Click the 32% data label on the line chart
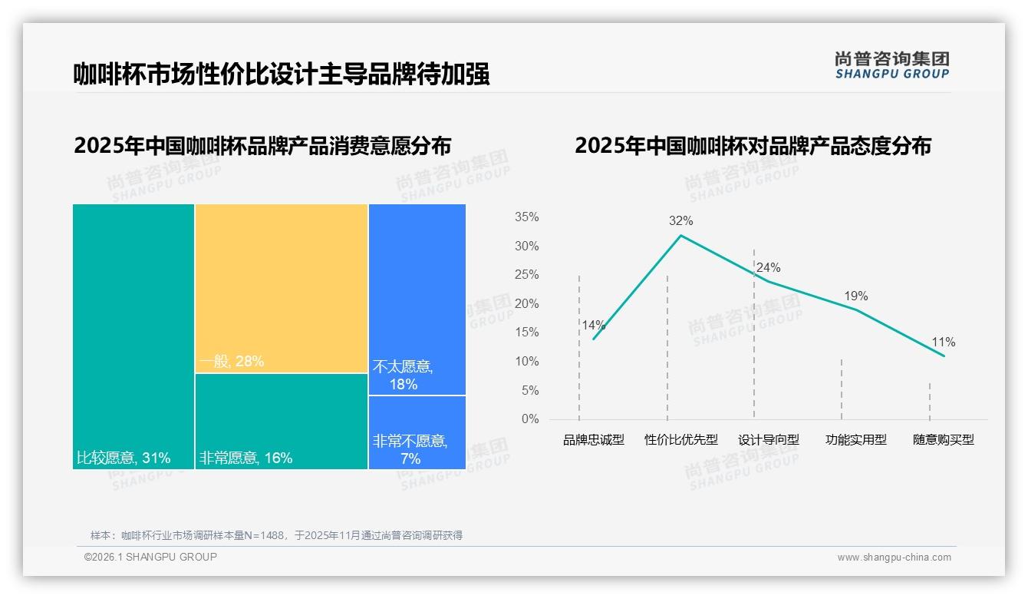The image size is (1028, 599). (680, 221)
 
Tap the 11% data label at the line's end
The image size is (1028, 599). (943, 343)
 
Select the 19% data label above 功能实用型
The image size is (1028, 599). (855, 296)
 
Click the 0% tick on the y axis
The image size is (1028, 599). (529, 419)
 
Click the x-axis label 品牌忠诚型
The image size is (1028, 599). (594, 440)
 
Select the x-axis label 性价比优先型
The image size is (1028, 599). (681, 440)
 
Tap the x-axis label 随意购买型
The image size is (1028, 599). (943, 440)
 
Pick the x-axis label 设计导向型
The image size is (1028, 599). (769, 440)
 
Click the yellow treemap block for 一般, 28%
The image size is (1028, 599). (282, 288)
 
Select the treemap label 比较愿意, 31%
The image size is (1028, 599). (124, 458)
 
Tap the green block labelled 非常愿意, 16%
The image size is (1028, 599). (282, 421)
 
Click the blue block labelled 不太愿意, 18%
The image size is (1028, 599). (417, 299)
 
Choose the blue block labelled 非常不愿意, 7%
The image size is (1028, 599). (417, 432)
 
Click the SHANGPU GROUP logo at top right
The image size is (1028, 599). (891, 65)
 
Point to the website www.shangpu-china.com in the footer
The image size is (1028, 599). (894, 558)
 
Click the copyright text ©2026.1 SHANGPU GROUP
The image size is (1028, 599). (150, 557)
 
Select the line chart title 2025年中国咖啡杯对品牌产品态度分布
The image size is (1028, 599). (753, 146)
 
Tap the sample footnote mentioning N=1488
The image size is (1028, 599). (276, 535)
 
